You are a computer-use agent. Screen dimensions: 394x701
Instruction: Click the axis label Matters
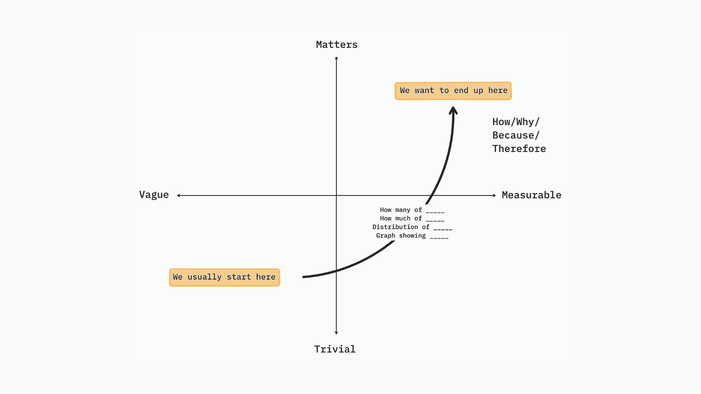[x=337, y=45]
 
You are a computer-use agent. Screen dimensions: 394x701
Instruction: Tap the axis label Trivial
[x=335, y=349]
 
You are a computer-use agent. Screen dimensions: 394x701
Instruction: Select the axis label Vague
[x=154, y=194]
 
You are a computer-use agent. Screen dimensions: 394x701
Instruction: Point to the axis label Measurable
[x=531, y=195]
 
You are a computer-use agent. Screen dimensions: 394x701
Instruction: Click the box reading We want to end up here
[x=453, y=91]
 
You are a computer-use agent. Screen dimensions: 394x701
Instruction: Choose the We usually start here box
[x=225, y=277]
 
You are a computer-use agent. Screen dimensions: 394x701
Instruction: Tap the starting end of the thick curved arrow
[x=304, y=277]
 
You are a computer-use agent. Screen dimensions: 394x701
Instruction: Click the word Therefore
[x=519, y=149]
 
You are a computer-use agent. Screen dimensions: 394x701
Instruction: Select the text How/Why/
[x=516, y=122]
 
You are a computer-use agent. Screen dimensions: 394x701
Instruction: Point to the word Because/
[x=516, y=135]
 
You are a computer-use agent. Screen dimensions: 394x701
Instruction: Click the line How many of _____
[x=412, y=210]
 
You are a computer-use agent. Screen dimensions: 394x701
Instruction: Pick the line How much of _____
[x=412, y=218]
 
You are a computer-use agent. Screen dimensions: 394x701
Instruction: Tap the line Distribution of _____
[x=412, y=227]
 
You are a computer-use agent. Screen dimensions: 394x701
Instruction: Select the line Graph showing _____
[x=412, y=236]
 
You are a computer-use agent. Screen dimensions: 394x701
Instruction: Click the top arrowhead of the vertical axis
[x=336, y=57]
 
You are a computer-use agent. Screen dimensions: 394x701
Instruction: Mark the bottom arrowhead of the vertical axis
[x=336, y=333]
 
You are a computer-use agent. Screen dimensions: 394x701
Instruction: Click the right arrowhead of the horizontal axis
[x=495, y=196]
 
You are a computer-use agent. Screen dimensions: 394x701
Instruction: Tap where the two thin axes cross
[x=336, y=196]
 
